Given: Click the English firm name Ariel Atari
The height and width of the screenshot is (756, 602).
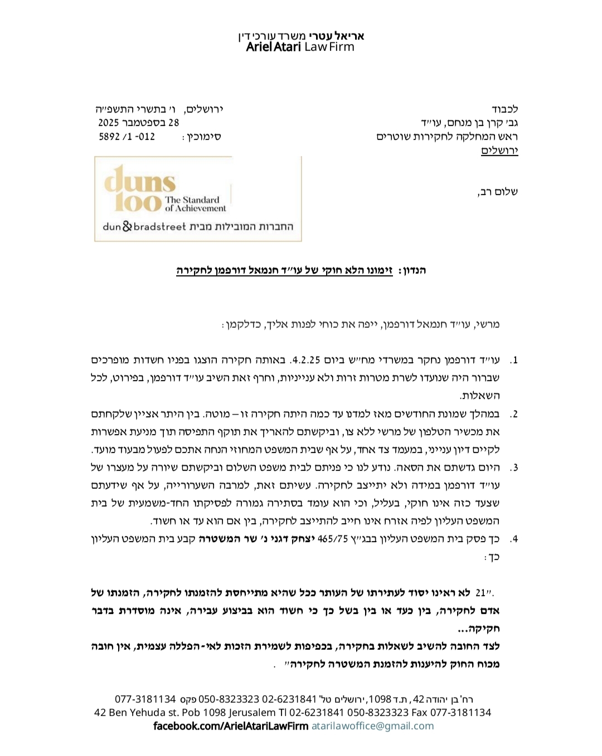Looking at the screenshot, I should [x=273, y=47].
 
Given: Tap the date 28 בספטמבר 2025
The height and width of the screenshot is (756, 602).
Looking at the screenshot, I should [x=139, y=123].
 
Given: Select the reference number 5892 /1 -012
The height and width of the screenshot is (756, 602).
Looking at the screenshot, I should [x=127, y=136].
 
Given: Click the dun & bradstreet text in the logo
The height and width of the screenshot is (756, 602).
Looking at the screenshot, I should [x=144, y=227].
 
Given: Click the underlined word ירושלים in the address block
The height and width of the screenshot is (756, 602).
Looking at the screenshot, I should [x=499, y=150].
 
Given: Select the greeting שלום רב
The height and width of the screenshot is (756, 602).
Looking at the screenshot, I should [x=498, y=192].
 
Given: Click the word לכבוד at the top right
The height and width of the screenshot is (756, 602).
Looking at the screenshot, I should [x=505, y=109].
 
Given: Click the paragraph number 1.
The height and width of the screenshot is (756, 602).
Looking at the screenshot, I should [x=513, y=360].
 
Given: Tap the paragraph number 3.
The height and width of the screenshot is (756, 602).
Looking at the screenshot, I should [x=513, y=467].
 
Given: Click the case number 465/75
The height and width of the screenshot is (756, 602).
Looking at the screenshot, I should [x=332, y=539].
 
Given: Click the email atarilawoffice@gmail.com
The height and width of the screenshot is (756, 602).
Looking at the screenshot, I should [x=372, y=726].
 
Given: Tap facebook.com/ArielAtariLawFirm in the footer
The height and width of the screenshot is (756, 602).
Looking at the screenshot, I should [x=230, y=726].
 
